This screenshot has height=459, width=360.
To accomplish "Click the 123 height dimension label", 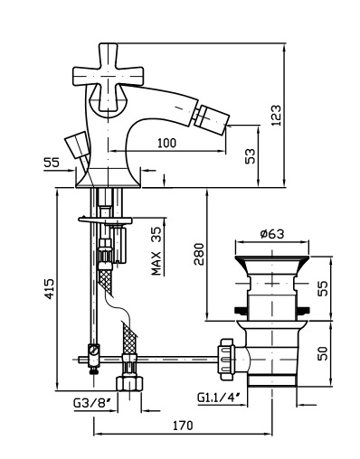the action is pos(276,115).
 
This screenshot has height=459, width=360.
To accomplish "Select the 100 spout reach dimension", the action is pos(166,143).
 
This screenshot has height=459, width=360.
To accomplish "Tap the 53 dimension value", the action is pos(250,155).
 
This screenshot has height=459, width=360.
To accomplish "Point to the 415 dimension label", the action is pos(49,289).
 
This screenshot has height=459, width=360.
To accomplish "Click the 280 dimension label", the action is pos(199,254).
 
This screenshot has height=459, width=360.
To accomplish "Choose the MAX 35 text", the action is pos(156,251).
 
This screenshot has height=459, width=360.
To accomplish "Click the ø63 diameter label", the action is pos(272,233).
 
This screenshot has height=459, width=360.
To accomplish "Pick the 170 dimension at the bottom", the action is pos(183,426).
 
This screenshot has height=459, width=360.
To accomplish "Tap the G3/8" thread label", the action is pos(90,402).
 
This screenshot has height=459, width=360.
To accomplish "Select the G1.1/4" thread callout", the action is pos(219,398).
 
